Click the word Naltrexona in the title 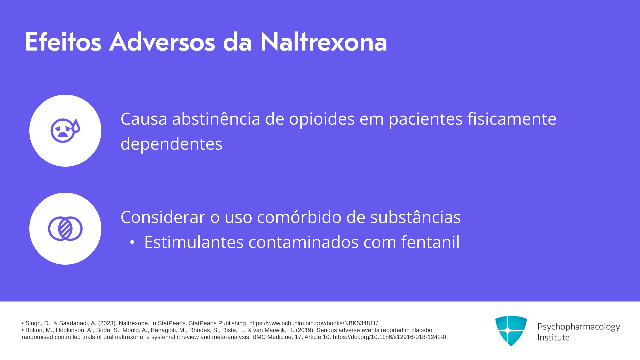pos(323,42)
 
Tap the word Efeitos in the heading pos(63,42)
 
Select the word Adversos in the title pos(162,42)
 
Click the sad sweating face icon pos(65,130)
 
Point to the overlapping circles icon pos(65,229)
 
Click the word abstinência pos(216,119)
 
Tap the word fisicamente pos(512,119)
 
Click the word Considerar pos(163,217)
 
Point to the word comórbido pos(299,217)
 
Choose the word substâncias pos(415,217)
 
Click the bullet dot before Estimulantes pos(132,242)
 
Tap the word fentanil pos(430,242)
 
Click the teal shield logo pos(511,331)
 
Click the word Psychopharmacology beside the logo pos(579,327)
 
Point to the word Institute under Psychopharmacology pos(553,337)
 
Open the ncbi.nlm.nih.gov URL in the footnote pos(313,323)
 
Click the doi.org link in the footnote pos(389,337)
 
